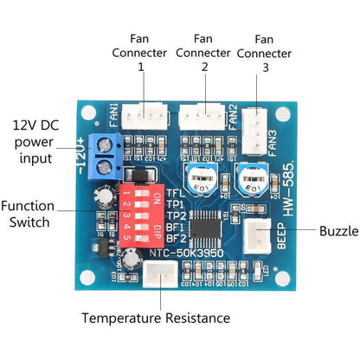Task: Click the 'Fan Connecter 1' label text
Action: (141, 53)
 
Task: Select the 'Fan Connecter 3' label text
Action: (265, 53)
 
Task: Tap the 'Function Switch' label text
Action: (28, 215)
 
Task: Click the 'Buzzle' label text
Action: (337, 232)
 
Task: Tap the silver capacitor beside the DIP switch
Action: (106, 196)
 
